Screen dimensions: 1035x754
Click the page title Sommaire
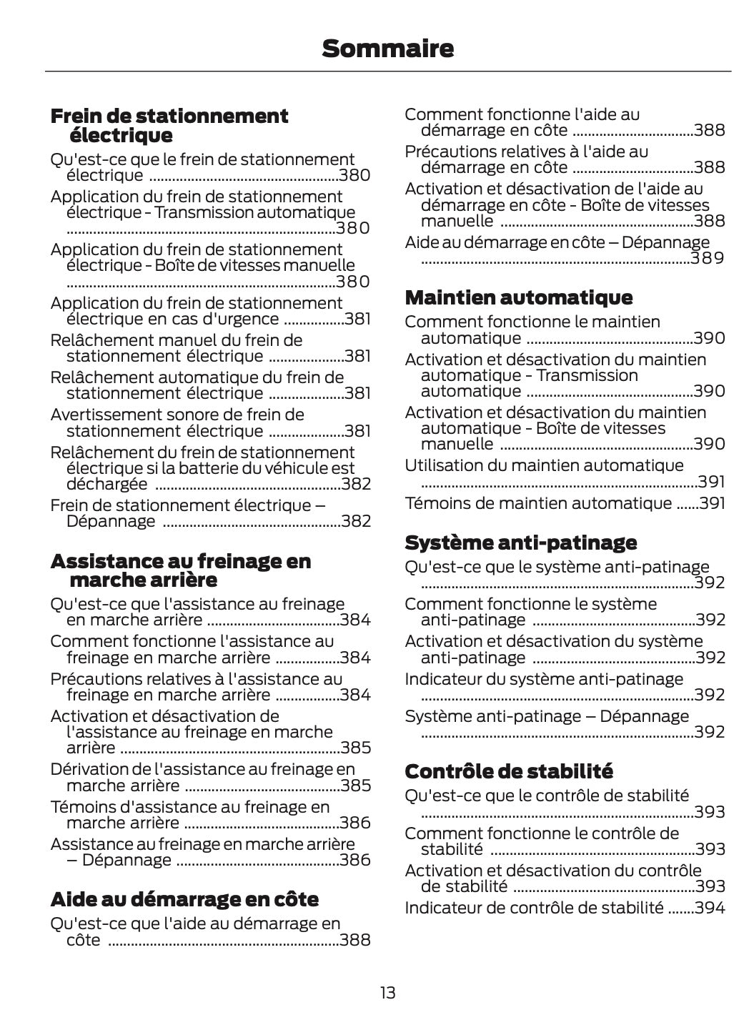(387, 49)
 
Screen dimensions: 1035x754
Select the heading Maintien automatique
(518, 297)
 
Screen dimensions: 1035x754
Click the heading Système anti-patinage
(520, 543)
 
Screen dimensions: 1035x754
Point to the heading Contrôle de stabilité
(508, 771)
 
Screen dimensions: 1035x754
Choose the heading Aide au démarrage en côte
(184, 898)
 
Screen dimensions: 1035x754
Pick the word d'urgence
(243, 319)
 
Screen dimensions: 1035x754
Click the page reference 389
(708, 258)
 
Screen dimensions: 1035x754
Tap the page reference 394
(710, 908)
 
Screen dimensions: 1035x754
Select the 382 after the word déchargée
(356, 484)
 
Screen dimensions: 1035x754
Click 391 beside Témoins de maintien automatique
(712, 503)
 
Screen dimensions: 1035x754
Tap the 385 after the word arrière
(356, 748)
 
